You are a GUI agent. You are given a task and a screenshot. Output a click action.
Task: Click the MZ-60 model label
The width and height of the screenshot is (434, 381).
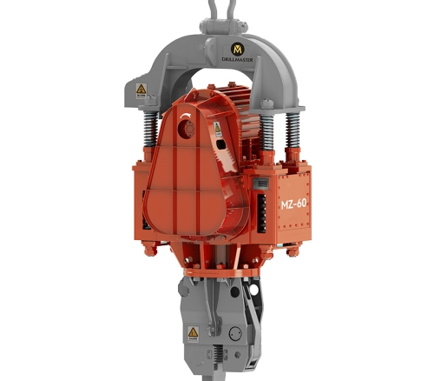click(x=293, y=203)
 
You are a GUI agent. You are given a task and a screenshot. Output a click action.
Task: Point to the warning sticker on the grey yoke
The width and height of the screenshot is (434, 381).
click(x=141, y=89)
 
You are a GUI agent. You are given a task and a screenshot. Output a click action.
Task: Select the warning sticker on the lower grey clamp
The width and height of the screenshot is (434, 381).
click(x=192, y=333)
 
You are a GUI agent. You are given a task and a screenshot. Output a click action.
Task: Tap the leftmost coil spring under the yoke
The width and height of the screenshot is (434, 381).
click(x=144, y=130)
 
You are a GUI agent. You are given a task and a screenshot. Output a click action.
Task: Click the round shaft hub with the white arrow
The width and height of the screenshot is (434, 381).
click(x=184, y=130)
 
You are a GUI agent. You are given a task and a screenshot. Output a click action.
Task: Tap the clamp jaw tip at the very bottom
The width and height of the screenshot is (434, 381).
click(x=217, y=370)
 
